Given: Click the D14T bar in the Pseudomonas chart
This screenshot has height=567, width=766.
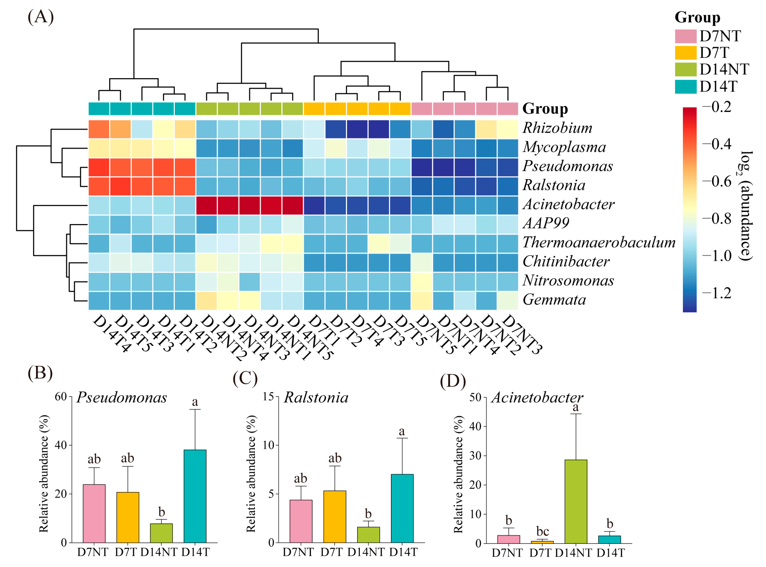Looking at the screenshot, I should tap(195, 496).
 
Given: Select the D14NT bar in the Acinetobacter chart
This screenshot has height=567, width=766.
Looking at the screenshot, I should tap(576, 501).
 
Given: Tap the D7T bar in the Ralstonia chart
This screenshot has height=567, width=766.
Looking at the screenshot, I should tap(334, 517).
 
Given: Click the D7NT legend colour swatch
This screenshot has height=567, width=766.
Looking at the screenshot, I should tap(685, 36).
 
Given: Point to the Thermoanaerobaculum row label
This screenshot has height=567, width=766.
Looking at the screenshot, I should tap(599, 243).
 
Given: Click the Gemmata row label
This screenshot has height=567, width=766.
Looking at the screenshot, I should tap(554, 300).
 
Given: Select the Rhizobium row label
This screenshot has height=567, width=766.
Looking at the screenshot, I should tap(557, 128).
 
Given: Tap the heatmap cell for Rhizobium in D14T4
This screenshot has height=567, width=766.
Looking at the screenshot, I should tap(99, 129).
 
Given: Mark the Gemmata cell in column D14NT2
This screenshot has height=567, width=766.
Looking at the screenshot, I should tap(206, 301).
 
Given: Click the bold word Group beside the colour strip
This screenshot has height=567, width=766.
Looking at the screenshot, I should tap(545, 109).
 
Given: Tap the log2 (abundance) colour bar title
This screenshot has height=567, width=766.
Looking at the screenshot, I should tap(746, 206).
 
